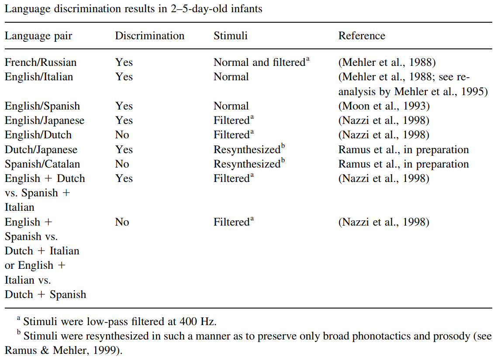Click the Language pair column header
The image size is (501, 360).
[x=38, y=36]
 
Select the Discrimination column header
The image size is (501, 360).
[x=149, y=36]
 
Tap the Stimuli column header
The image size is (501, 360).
[x=230, y=36]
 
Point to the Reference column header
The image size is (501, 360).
[x=362, y=36]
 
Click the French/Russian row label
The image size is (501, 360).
[x=41, y=62]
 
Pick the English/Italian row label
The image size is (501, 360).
[x=39, y=77]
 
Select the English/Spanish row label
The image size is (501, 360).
[x=42, y=106]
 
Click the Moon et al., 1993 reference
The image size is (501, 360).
[x=384, y=106]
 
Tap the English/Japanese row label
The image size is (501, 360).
[x=45, y=120]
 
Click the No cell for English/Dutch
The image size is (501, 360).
[x=122, y=135]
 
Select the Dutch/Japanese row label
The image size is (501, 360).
[x=41, y=150]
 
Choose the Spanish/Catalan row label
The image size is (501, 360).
[x=42, y=164]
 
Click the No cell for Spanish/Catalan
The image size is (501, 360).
[x=122, y=164]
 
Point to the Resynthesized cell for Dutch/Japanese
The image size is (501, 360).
[x=249, y=149]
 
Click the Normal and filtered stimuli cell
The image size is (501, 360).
[x=261, y=62]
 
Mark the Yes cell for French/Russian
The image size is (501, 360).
[x=124, y=62]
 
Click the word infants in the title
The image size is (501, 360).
[x=246, y=9]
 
